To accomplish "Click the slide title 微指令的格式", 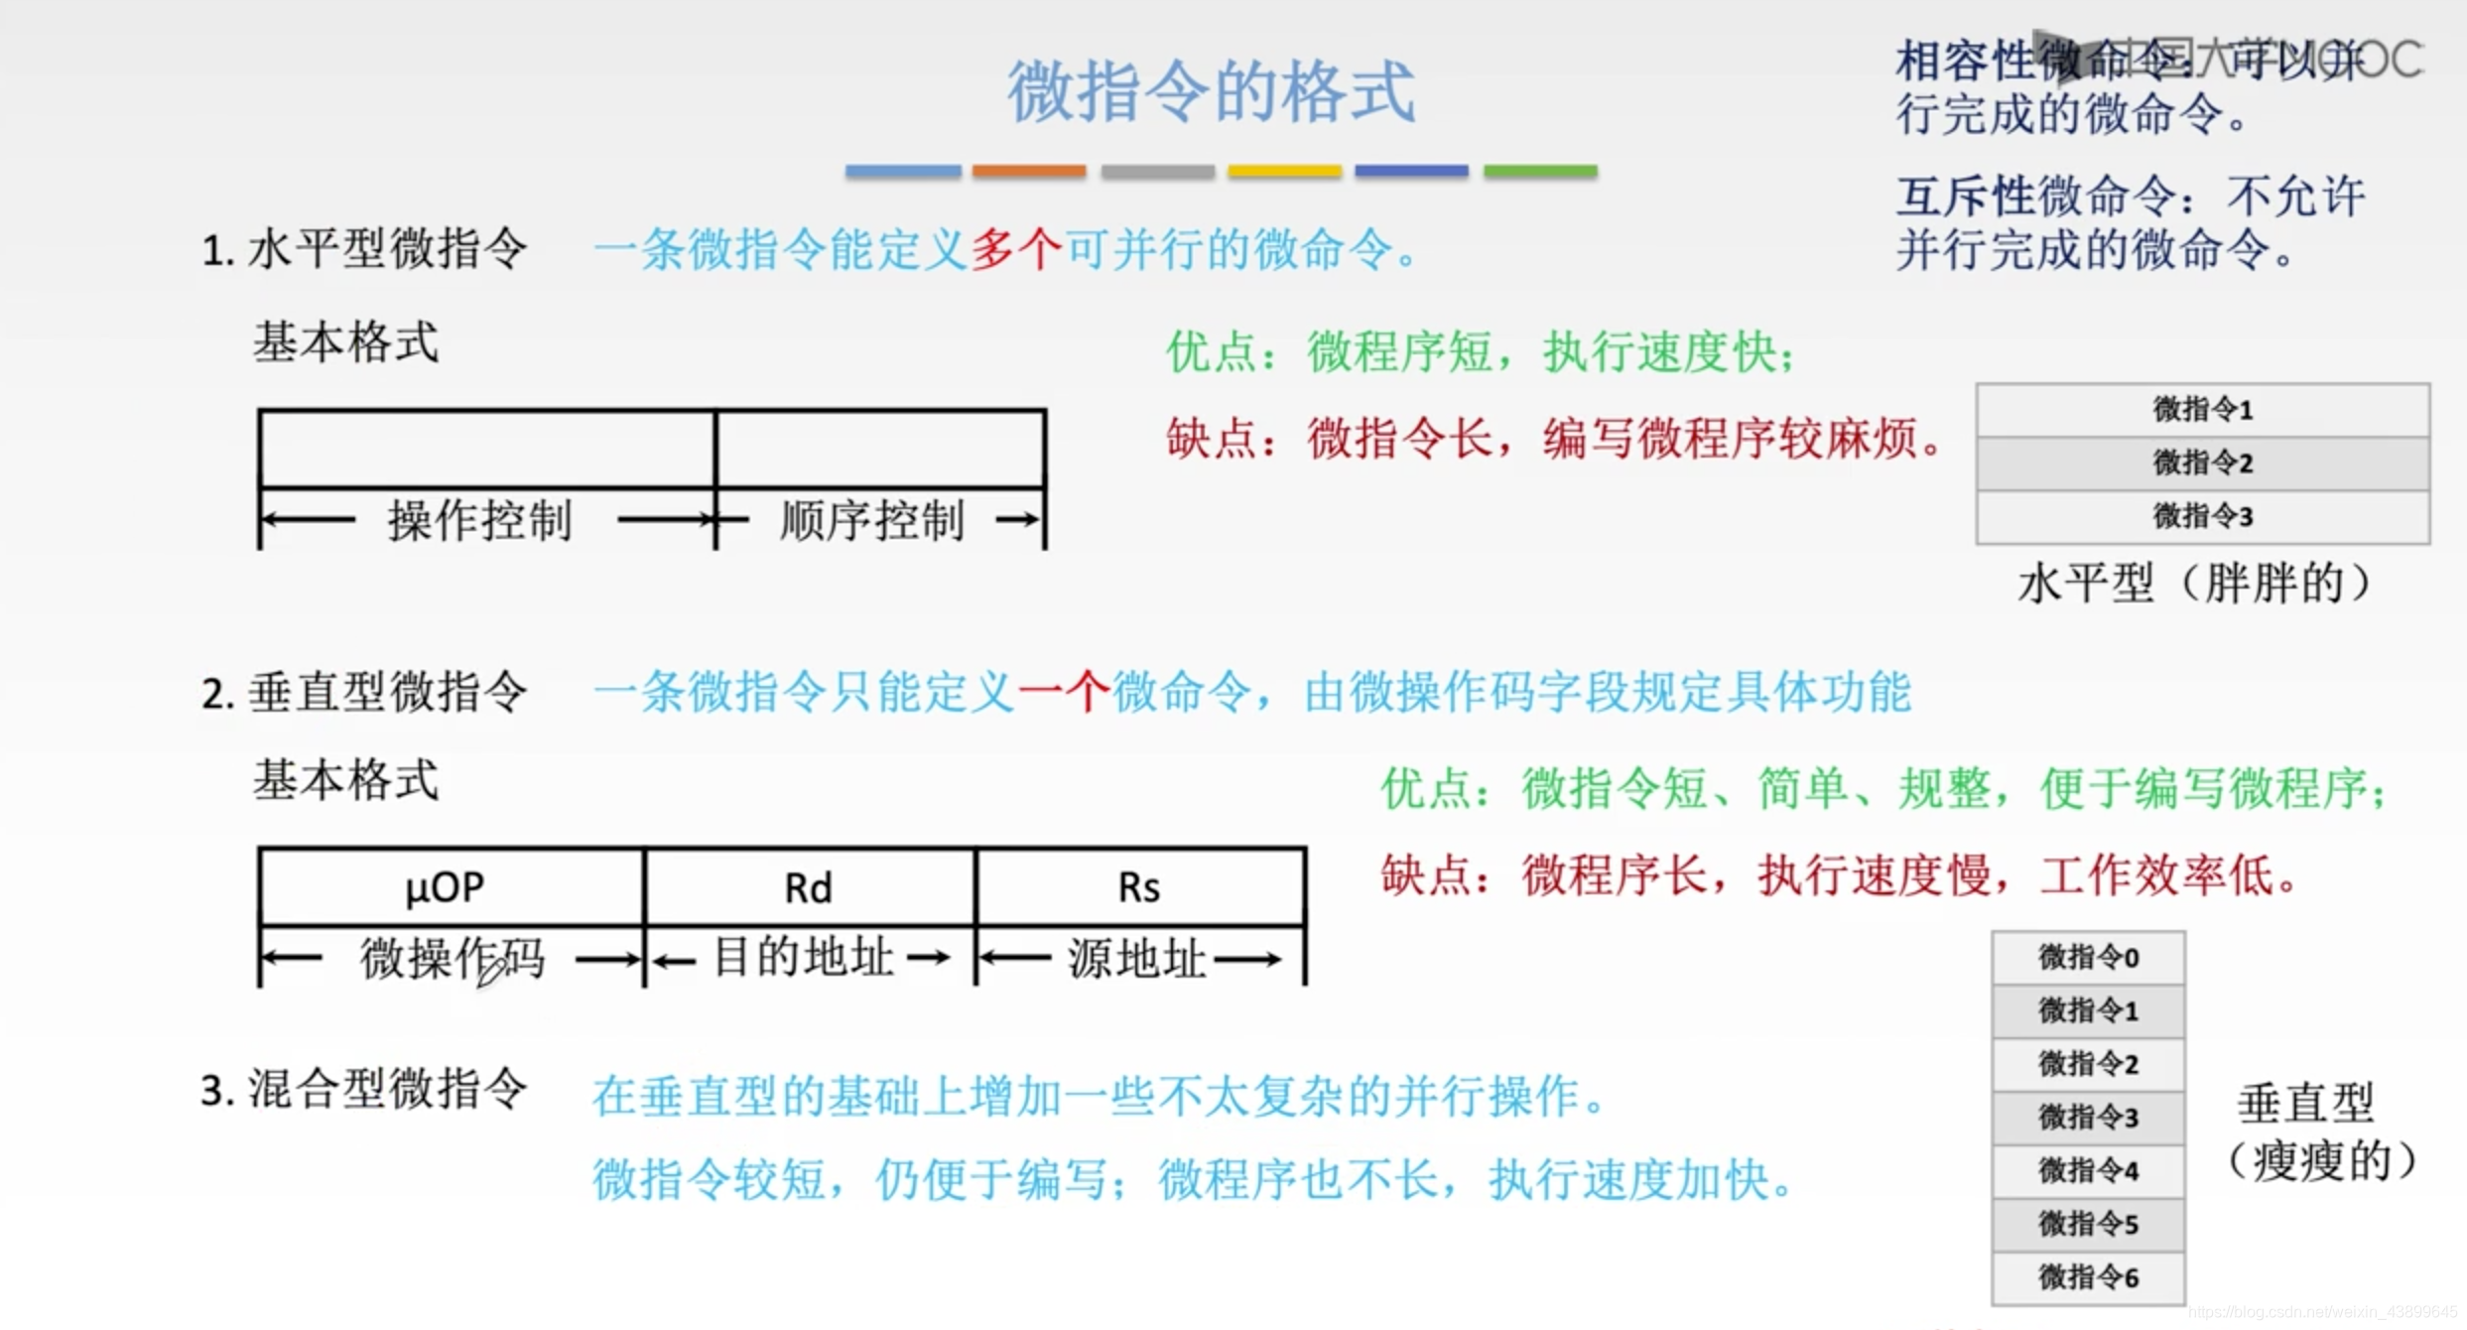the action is coord(1212,91).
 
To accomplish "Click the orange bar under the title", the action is coord(1029,172).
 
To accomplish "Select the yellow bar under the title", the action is coord(1284,172).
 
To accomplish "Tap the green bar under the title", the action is coord(1540,172).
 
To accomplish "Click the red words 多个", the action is coord(1016,249).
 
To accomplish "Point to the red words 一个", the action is coord(1063,692).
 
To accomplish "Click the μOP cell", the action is coord(446,886).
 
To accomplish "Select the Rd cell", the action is coord(809,887).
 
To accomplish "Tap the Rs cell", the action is coord(1139,887).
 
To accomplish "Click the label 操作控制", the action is coord(480,520).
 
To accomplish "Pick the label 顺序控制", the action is coord(872,520).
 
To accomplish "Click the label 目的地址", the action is coord(804,958).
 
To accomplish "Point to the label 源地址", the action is coord(1137,959).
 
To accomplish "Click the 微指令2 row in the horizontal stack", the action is coord(2202,463).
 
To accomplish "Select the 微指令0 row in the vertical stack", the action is coord(2088,958).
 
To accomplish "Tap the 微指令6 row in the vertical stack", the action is coord(2088,1277).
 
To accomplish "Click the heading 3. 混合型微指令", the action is coord(363,1090).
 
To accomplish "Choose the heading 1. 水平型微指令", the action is coord(363,249).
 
